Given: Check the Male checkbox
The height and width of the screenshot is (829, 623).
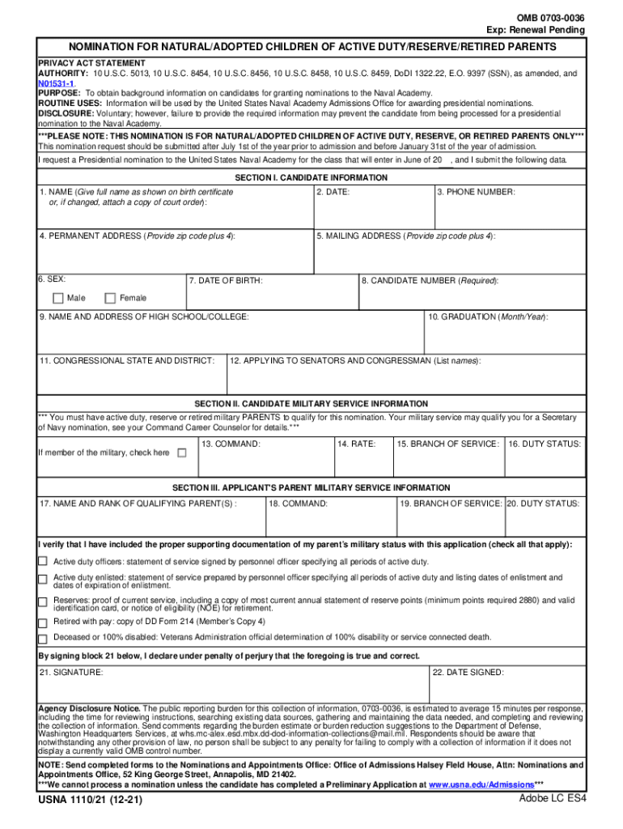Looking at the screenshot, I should click(x=57, y=298).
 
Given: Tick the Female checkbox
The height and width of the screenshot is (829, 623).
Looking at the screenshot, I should click(x=111, y=298).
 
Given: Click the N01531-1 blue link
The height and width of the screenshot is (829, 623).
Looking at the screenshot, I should click(x=57, y=83).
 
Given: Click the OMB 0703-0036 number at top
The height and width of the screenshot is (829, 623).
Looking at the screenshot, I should click(x=550, y=18).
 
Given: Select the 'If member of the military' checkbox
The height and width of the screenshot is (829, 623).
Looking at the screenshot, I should click(x=181, y=453).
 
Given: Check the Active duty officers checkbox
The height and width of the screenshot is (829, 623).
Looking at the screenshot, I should click(x=43, y=561).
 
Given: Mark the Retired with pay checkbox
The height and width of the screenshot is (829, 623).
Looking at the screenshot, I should click(x=43, y=623).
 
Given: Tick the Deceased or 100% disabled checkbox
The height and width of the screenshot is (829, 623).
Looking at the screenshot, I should click(x=43, y=637).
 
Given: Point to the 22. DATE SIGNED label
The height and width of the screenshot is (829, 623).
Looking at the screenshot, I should click(x=468, y=673).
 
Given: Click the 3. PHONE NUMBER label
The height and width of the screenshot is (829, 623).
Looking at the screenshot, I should click(x=476, y=192).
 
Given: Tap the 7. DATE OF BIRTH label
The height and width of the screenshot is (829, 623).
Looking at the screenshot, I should click(x=225, y=281).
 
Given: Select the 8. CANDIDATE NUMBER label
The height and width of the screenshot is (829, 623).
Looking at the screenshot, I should click(x=430, y=281).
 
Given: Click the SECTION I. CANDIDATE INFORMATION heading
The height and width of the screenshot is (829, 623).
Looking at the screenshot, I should click(x=311, y=177).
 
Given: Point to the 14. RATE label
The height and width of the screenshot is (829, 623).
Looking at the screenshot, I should click(x=356, y=444).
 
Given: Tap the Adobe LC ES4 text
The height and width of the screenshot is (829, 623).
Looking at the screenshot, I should click(x=552, y=799).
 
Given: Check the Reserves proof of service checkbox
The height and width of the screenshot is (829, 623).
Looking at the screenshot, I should click(x=43, y=602).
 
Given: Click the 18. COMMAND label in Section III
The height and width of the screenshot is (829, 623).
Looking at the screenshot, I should click(x=298, y=504).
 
